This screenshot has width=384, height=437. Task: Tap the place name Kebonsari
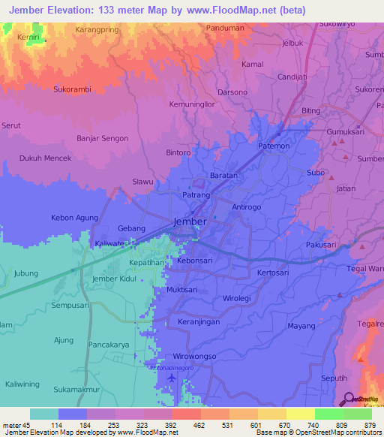(196, 259)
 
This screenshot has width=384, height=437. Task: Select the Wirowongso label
(194, 355)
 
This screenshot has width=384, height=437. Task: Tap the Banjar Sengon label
(103, 138)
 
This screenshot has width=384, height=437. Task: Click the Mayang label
(301, 326)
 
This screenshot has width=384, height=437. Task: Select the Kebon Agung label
(74, 218)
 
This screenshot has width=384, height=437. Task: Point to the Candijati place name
(293, 77)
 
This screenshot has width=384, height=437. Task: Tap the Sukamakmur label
(81, 390)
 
